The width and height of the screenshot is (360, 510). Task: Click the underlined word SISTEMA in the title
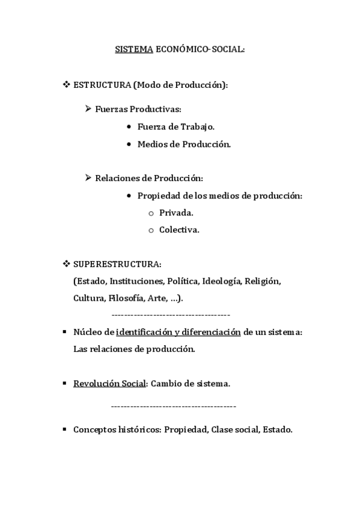134,50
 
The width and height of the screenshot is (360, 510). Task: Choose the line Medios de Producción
184,144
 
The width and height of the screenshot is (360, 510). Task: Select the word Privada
176,213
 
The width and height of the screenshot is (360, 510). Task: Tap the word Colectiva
179,230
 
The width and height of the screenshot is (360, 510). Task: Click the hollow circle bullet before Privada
151,214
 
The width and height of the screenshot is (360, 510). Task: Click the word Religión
263,281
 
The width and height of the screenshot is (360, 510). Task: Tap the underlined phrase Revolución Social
109,383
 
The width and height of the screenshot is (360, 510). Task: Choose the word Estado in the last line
277,429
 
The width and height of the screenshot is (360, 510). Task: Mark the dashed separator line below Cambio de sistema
174,407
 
